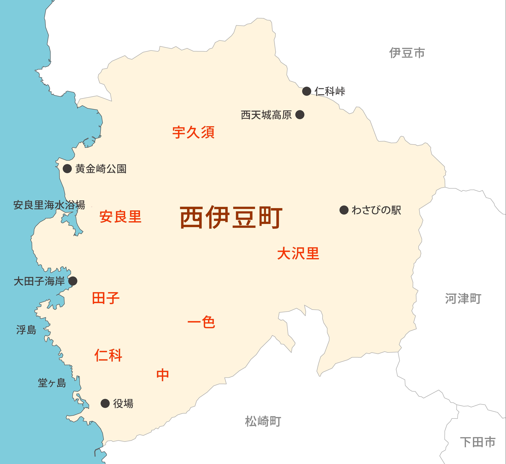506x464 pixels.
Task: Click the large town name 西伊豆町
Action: click(x=231, y=217)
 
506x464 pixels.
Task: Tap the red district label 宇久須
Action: click(x=193, y=132)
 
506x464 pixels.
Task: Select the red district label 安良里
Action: click(x=120, y=217)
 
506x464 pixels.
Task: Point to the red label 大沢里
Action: click(x=298, y=253)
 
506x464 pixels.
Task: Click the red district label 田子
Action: click(x=106, y=298)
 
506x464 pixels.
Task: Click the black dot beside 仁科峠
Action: click(x=307, y=91)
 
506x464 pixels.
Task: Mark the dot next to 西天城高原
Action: click(x=300, y=115)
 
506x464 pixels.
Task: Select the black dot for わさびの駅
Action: click(x=344, y=210)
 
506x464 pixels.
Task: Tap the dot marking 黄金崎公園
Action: click(x=67, y=168)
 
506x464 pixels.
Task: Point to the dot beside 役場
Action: click(x=105, y=404)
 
